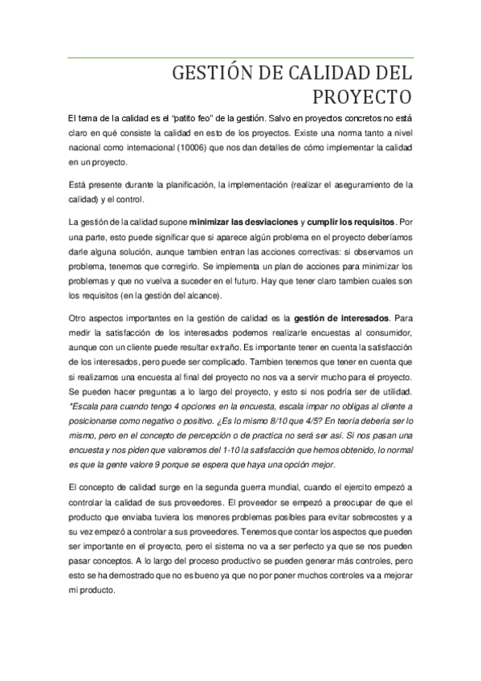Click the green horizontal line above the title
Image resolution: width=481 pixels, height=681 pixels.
coord(241,58)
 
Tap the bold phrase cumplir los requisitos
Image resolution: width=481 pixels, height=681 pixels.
coord(350,220)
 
